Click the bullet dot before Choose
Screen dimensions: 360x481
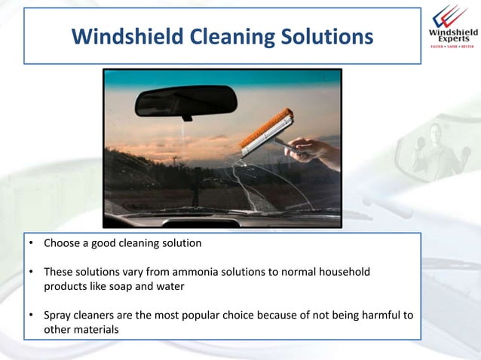(x=32, y=244)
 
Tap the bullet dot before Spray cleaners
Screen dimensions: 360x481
(x=32, y=315)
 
